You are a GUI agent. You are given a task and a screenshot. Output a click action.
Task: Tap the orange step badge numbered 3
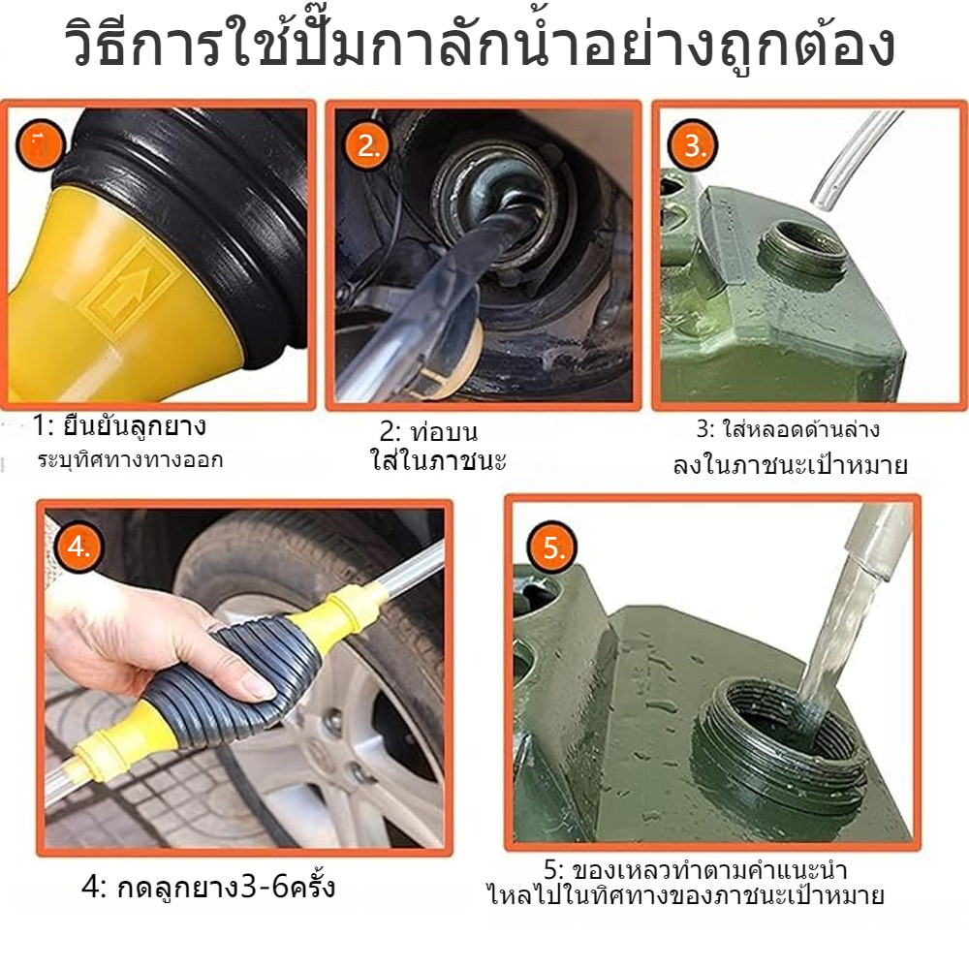click(693, 146)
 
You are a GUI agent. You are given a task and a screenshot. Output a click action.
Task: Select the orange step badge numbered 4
click(78, 547)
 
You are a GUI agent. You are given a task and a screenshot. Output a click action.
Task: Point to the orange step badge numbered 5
click(552, 547)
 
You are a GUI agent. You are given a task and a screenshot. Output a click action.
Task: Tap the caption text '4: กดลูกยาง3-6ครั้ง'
click(208, 888)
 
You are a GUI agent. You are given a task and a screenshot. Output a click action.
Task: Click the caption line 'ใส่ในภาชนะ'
click(438, 460)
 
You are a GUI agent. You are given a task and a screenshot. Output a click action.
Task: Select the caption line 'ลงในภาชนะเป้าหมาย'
click(791, 465)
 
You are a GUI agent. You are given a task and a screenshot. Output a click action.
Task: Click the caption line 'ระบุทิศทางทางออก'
click(130, 459)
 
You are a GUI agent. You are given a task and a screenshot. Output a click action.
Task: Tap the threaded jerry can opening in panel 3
click(802, 253)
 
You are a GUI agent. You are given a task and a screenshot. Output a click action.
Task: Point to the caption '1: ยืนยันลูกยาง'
click(118, 427)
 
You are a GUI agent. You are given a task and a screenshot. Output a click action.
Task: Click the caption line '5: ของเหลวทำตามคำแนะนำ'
click(695, 869)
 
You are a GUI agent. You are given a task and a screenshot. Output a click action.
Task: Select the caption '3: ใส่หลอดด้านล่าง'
click(788, 429)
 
